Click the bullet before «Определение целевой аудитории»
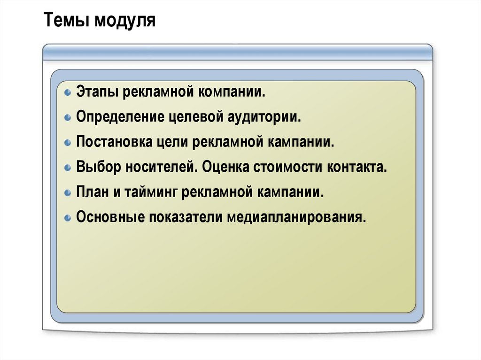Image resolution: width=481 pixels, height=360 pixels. (x=68, y=116)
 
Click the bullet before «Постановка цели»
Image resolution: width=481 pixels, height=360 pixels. (x=68, y=142)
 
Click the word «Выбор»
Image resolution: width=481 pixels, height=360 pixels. (x=97, y=167)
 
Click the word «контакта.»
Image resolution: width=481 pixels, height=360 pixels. (x=357, y=167)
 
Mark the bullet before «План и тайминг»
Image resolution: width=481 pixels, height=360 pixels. (x=68, y=192)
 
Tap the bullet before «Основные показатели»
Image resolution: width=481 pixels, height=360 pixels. (x=68, y=218)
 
